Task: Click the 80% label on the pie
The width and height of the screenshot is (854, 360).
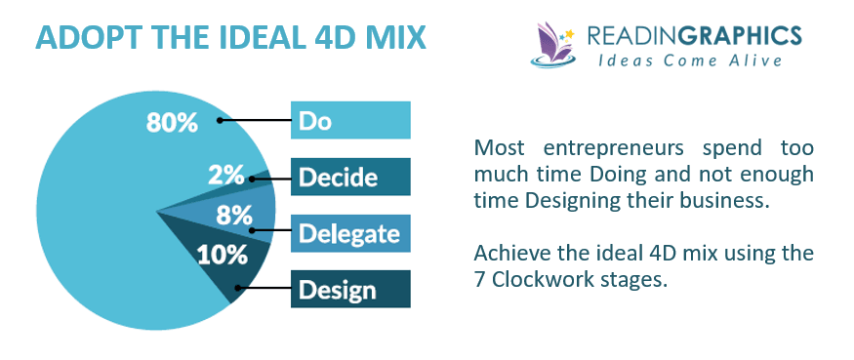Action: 172,123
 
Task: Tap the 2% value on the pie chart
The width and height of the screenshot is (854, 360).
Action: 226,175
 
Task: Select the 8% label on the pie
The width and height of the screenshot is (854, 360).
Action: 234,216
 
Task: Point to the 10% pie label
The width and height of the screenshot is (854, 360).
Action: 222,255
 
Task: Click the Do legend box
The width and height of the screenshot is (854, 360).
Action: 350,120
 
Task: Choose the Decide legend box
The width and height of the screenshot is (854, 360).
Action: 350,177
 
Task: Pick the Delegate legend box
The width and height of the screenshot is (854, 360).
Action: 350,233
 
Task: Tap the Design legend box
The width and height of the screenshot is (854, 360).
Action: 350,289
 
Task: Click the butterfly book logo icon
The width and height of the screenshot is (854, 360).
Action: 553,45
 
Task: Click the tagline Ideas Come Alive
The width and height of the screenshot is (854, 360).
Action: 690,60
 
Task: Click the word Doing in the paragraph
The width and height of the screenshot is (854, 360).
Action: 618,175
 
